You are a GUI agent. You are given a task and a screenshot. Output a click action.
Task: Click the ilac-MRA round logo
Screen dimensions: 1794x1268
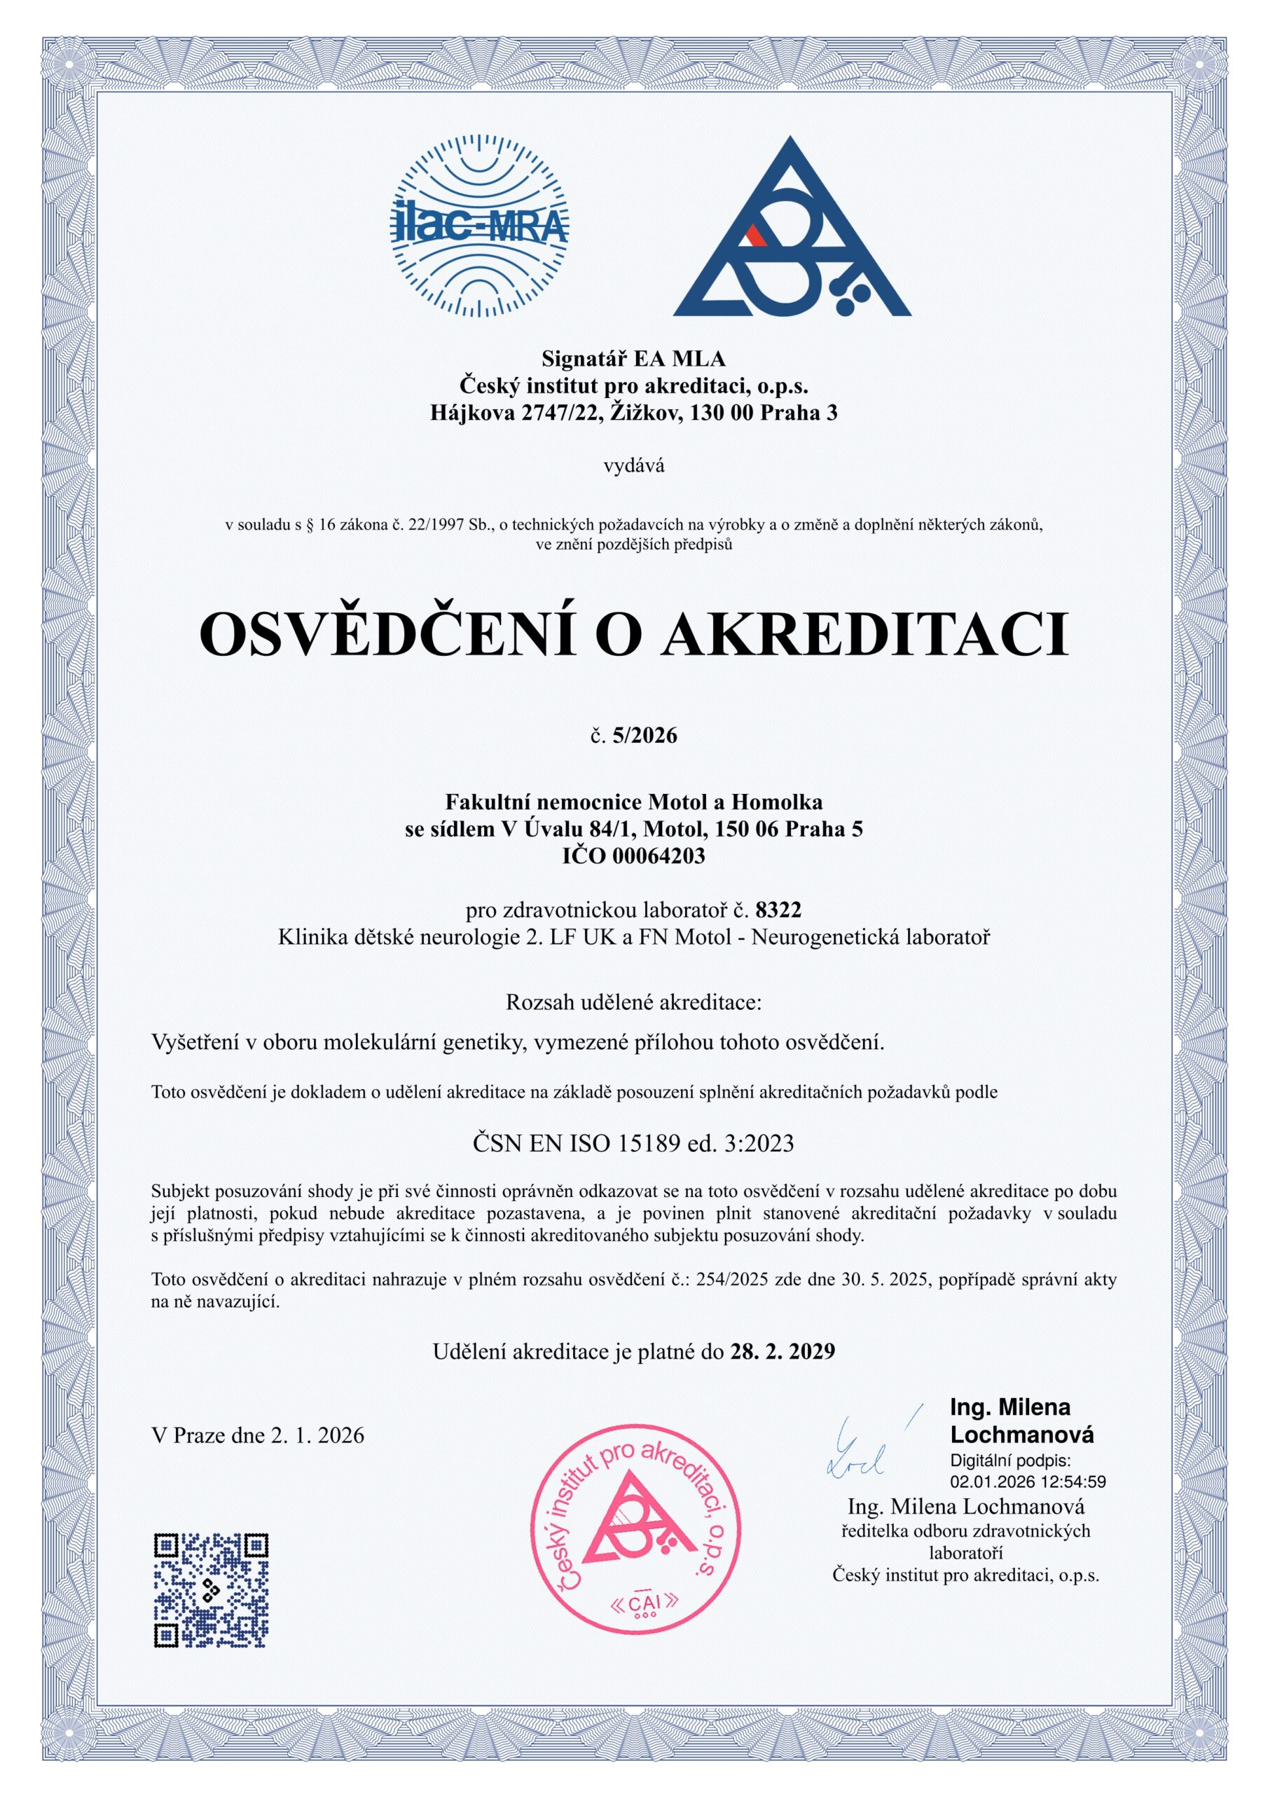click(480, 226)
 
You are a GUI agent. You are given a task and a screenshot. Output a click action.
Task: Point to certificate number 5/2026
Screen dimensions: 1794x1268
click(645, 735)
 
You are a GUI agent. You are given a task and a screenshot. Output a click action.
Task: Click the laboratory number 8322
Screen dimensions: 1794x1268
click(778, 909)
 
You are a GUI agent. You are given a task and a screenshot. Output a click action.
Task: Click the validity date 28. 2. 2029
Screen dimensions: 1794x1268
click(782, 1350)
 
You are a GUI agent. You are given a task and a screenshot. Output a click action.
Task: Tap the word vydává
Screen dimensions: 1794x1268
click(633, 467)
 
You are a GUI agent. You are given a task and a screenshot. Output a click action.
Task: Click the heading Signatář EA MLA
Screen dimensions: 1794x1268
click(633, 359)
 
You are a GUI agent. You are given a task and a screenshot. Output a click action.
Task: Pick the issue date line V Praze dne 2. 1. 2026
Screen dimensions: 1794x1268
click(258, 1434)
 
